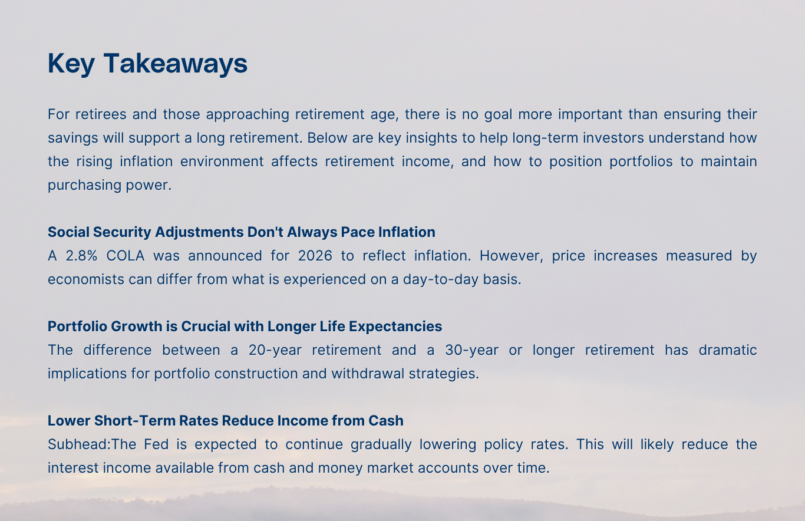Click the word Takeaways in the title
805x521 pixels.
click(176, 64)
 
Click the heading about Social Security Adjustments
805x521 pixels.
click(241, 232)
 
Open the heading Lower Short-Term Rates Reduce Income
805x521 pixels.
click(225, 421)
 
